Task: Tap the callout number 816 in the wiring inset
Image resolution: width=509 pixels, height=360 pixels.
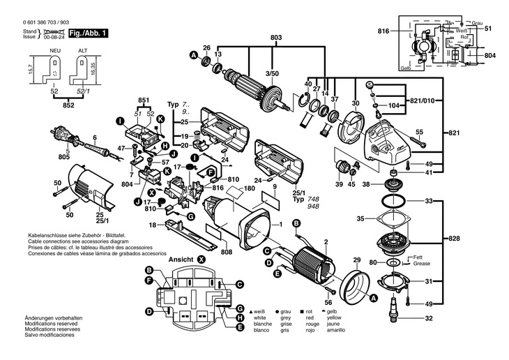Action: pyautogui.click(x=383, y=32)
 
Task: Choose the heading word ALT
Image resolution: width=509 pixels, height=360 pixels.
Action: pyautogui.click(x=83, y=51)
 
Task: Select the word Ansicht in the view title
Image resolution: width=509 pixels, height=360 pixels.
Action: pyautogui.click(x=181, y=259)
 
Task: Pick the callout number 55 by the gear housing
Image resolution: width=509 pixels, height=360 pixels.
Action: pyautogui.click(x=420, y=132)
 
